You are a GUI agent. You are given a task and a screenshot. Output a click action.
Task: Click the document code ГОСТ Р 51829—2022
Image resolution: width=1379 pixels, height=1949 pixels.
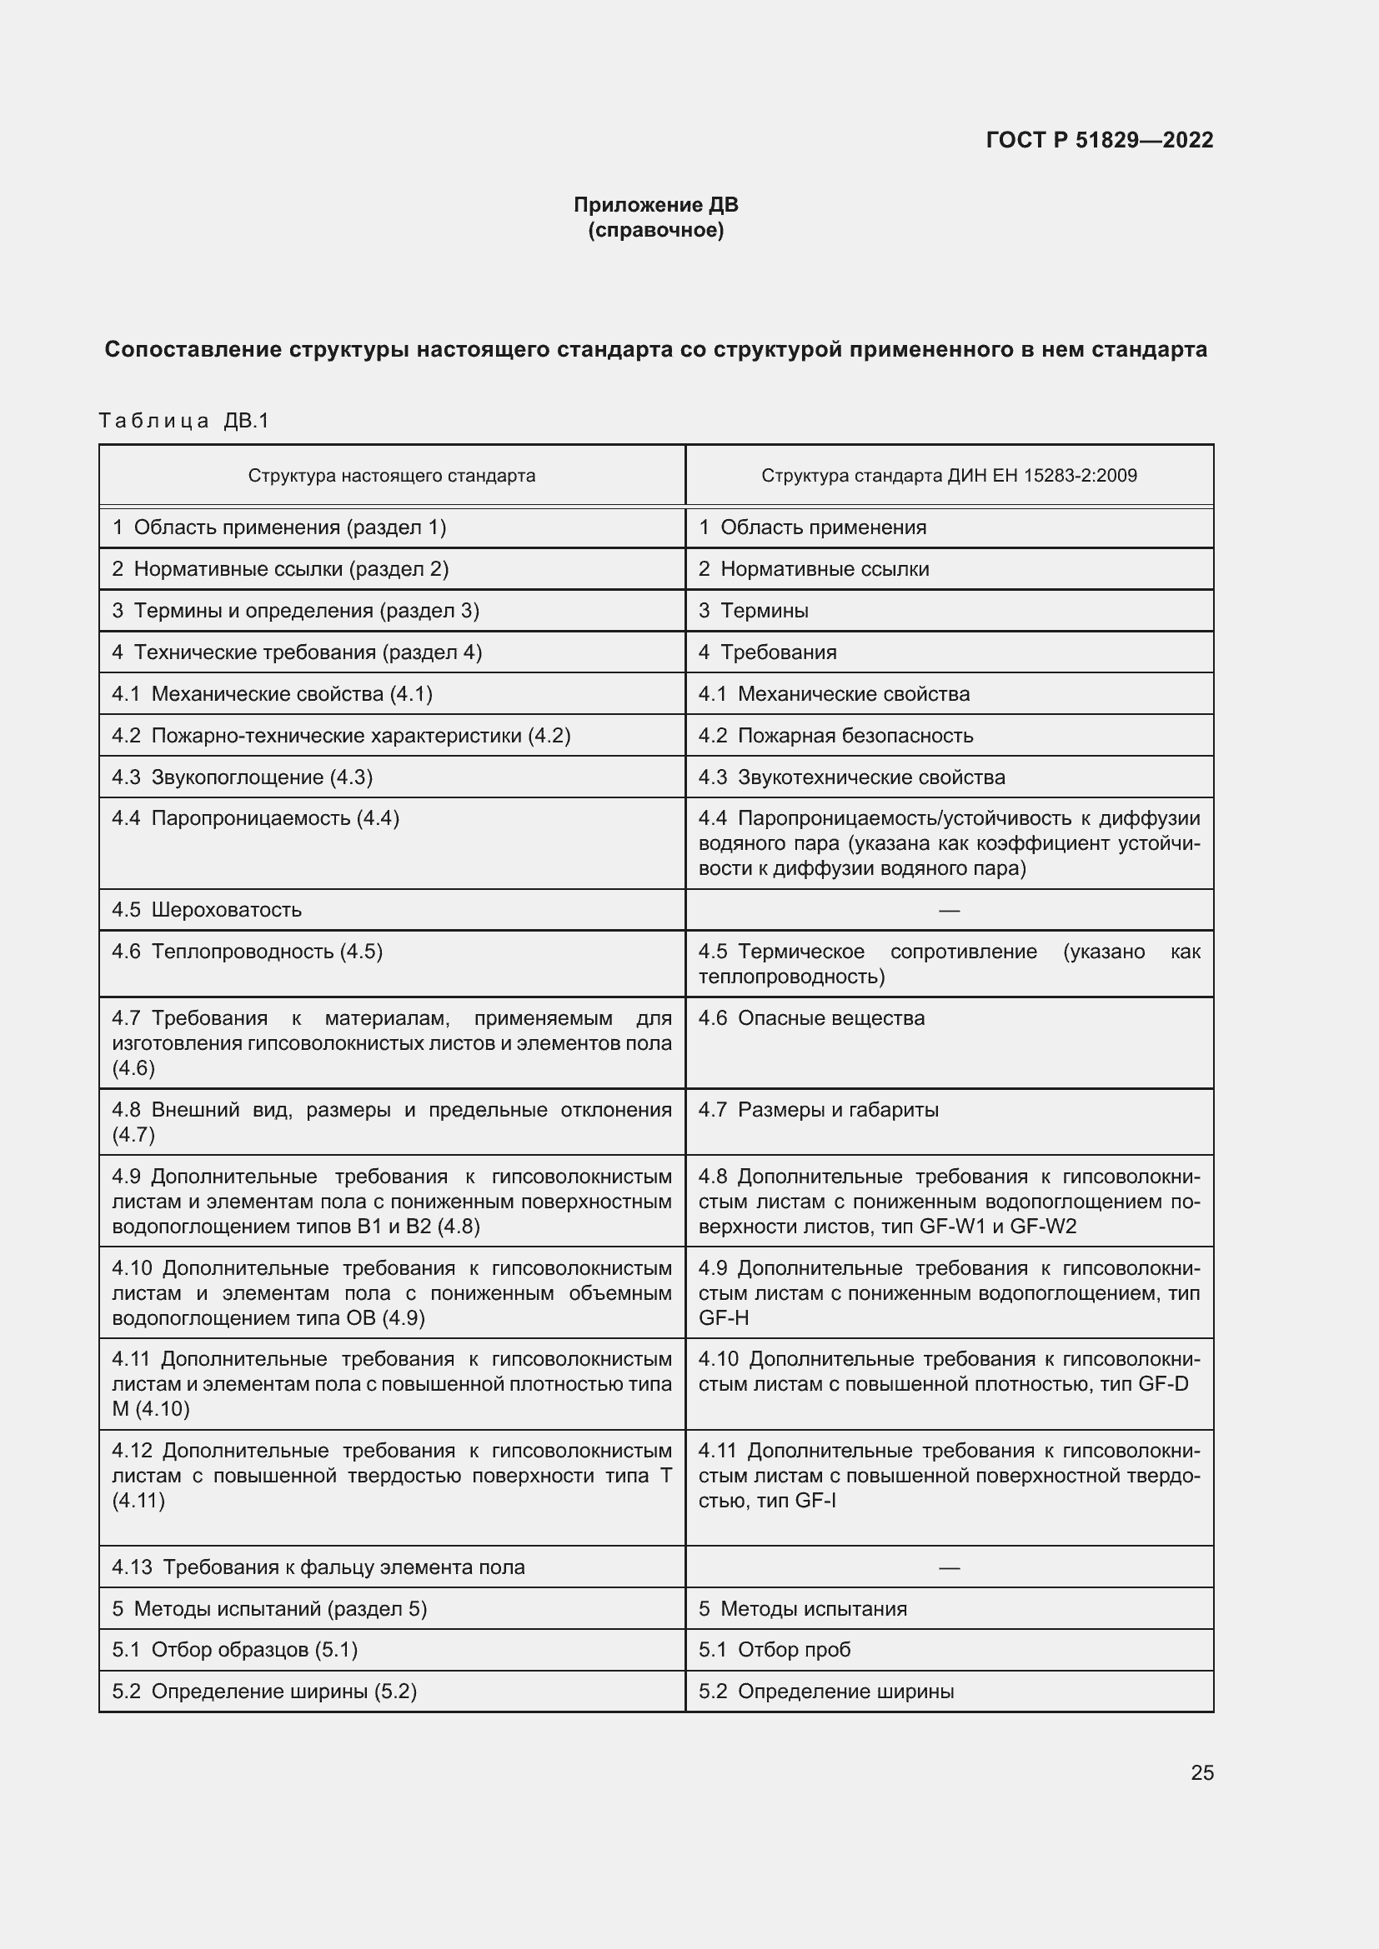(x=1099, y=140)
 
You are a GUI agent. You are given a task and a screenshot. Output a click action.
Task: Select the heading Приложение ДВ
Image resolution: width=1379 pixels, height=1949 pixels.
(x=655, y=205)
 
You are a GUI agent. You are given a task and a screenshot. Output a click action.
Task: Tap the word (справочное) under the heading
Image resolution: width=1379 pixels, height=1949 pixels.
(x=655, y=230)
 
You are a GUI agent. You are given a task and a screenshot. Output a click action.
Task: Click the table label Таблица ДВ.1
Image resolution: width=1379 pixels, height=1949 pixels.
(x=183, y=420)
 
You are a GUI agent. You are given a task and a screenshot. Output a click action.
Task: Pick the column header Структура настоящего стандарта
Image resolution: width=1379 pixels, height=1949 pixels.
(x=392, y=475)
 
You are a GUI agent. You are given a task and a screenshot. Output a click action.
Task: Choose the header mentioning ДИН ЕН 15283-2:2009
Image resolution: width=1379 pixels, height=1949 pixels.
(x=949, y=475)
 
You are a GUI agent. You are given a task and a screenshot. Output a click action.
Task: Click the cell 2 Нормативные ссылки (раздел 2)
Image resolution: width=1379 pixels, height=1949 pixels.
(x=280, y=569)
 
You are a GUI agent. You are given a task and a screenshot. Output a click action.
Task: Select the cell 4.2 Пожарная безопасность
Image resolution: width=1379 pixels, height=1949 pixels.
(x=835, y=735)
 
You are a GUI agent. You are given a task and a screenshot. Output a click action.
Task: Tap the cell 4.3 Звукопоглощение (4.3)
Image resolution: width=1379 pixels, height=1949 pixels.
(x=242, y=777)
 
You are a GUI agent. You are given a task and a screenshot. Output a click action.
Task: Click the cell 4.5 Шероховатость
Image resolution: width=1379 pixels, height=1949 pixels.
(x=208, y=909)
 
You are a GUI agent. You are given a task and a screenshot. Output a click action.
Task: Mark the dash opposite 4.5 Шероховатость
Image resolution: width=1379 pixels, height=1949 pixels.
(x=949, y=910)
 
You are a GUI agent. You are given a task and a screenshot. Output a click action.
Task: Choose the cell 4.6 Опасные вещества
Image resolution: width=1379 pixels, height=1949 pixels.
(x=811, y=1017)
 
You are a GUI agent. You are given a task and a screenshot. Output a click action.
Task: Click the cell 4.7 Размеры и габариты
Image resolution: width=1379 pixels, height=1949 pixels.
(x=819, y=1109)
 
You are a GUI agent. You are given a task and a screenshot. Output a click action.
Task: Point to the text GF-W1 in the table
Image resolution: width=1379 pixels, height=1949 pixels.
(x=951, y=1226)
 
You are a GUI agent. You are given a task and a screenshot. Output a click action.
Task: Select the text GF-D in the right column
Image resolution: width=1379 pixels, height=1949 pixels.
(x=1162, y=1384)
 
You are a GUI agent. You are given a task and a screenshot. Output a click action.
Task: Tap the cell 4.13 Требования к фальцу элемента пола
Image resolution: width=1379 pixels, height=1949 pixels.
(x=318, y=1567)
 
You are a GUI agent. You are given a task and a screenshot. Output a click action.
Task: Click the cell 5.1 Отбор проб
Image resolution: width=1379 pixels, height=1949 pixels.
(x=774, y=1649)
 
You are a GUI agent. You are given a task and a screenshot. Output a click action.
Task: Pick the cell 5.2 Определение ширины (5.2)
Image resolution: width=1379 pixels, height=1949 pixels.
(x=264, y=1691)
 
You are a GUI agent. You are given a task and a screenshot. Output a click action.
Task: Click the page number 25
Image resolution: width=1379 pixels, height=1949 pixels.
(x=1201, y=1772)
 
